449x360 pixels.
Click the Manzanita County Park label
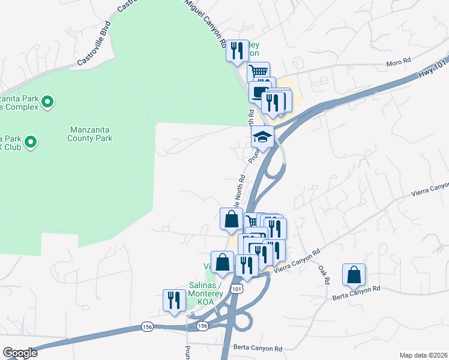(91, 134)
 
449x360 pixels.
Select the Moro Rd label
(399, 62)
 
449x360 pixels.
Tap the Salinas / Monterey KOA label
(204, 289)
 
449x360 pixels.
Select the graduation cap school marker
(262, 137)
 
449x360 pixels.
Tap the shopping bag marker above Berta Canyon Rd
(354, 275)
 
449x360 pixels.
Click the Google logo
(20, 353)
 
